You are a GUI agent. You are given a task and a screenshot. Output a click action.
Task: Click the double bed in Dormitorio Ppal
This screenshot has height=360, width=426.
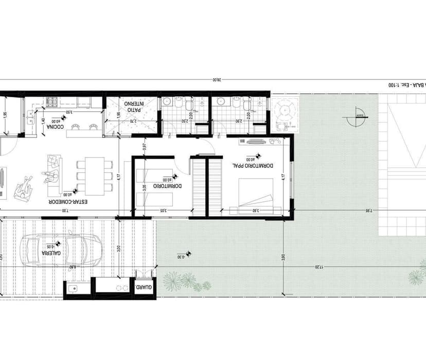[255, 195]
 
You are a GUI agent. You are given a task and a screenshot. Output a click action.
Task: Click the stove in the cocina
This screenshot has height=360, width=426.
[53, 103]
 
